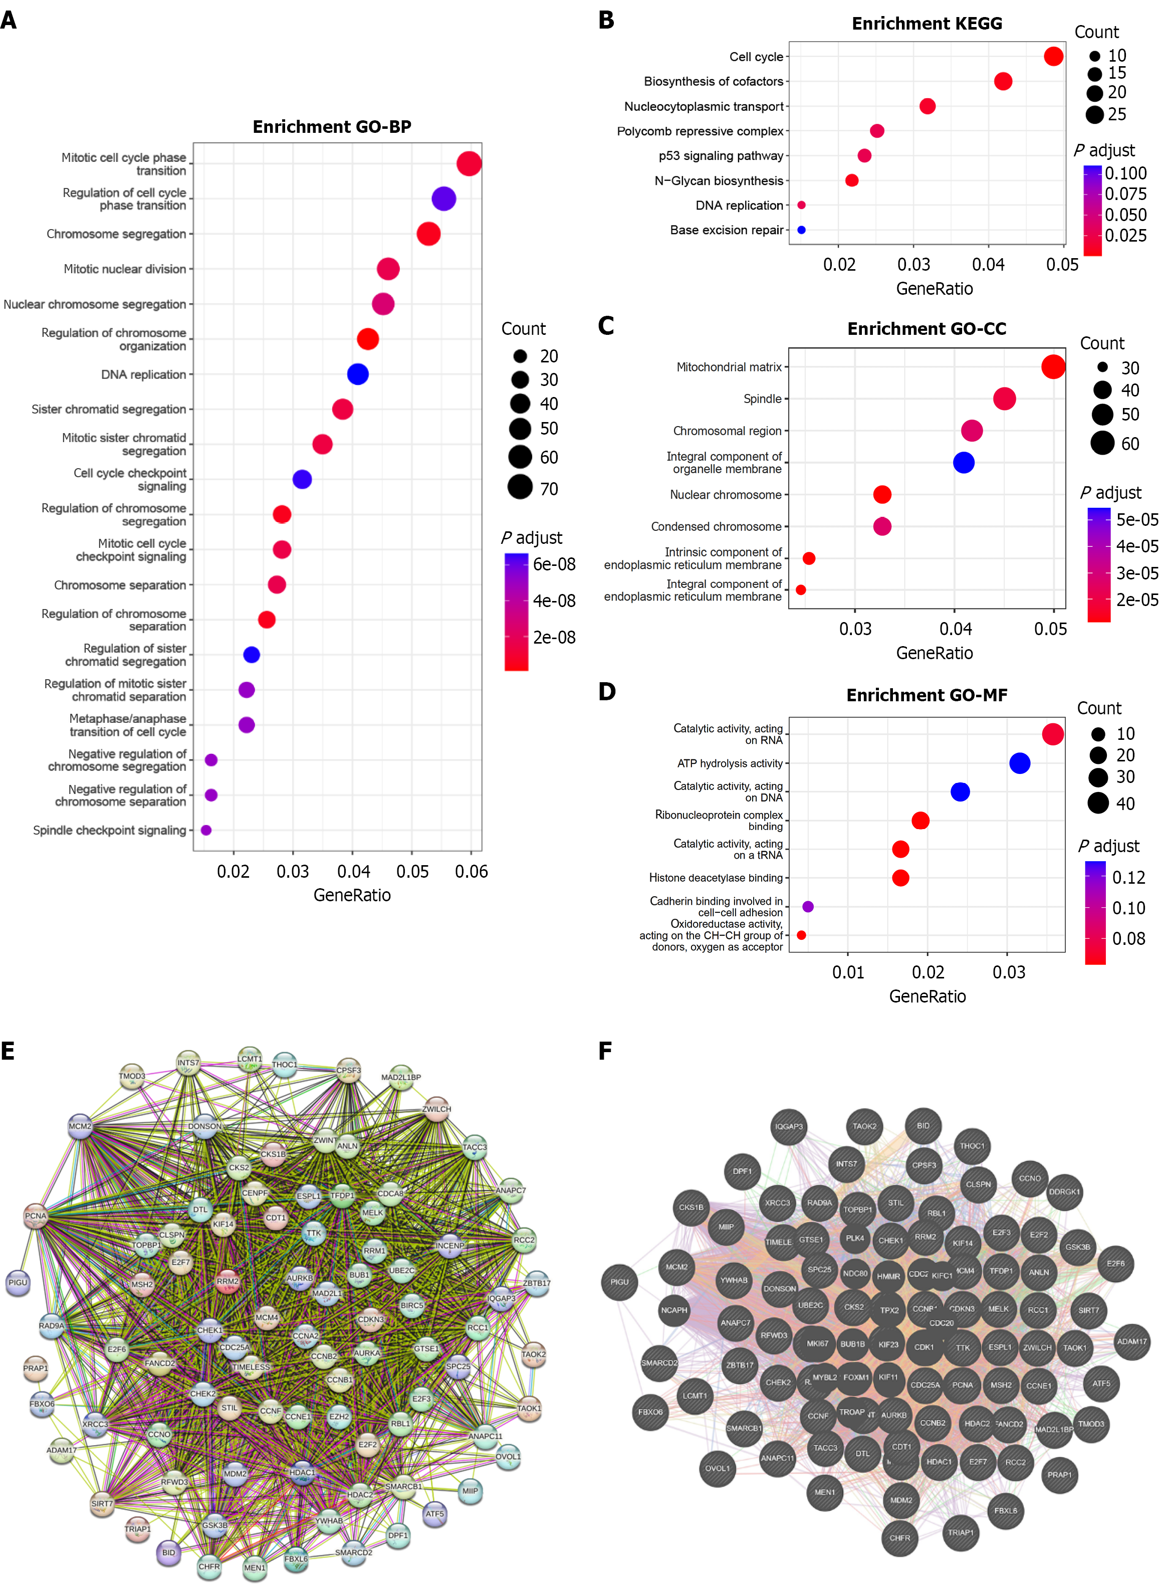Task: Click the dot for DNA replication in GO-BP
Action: [357, 374]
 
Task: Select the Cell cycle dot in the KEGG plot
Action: [1053, 56]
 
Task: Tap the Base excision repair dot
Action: [801, 230]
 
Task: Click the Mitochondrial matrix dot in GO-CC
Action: [1053, 366]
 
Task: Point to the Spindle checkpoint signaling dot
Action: [206, 830]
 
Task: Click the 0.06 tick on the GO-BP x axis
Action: [471, 872]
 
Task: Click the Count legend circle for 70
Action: [520, 487]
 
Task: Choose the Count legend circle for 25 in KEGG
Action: [1095, 114]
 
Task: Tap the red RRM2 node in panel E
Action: [227, 1282]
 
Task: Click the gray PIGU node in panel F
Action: [619, 1282]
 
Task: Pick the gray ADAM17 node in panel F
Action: [1132, 1341]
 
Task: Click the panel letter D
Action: [607, 692]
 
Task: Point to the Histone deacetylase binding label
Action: [716, 878]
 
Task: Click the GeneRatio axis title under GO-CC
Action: [934, 653]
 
